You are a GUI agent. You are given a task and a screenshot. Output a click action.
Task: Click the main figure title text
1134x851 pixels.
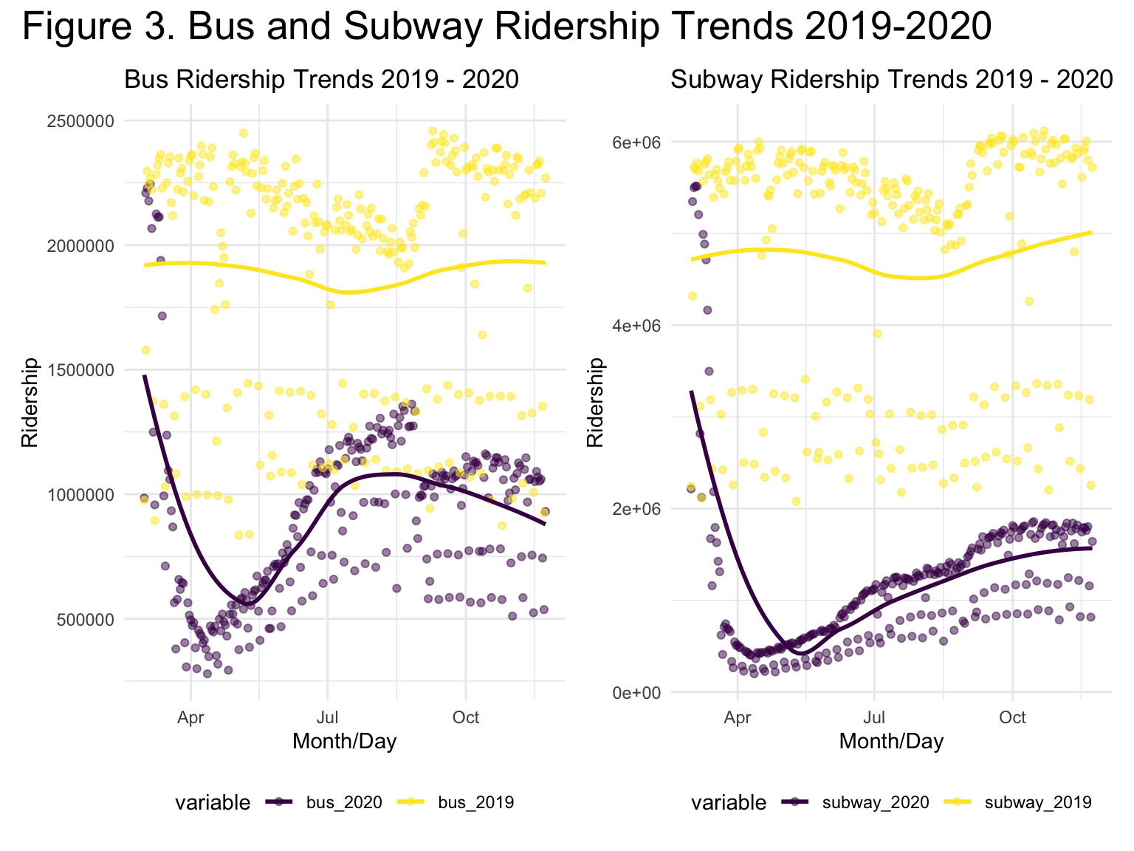click(506, 27)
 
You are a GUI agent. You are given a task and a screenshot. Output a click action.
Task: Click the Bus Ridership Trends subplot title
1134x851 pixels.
click(321, 80)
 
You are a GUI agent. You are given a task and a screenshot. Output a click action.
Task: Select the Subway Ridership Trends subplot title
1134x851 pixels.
click(891, 80)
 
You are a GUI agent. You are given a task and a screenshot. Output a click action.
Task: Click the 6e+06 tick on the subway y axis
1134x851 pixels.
click(636, 142)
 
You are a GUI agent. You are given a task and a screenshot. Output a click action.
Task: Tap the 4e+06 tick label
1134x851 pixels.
click(636, 326)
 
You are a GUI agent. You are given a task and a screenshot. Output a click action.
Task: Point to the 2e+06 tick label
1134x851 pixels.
click(636, 509)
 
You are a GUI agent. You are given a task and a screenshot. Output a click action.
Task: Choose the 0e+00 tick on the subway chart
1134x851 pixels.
click(636, 693)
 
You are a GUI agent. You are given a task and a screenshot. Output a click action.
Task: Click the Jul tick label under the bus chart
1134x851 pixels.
click(327, 717)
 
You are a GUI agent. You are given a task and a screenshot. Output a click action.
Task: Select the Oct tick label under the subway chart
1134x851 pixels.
click(1012, 717)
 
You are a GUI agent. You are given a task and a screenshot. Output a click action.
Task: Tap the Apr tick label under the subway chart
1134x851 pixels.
click(738, 717)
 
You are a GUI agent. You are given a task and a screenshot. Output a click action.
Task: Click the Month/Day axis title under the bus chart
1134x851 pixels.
click(344, 741)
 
